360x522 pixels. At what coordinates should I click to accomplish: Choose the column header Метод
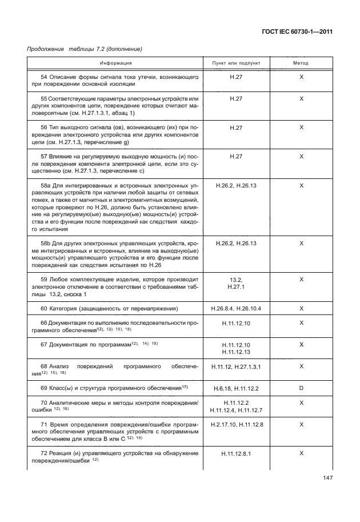[301, 63]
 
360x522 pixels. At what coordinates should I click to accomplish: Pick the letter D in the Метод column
[301, 388]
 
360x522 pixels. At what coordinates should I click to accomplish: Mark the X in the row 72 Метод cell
[301, 453]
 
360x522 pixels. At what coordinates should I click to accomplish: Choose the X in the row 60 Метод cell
[301, 309]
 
